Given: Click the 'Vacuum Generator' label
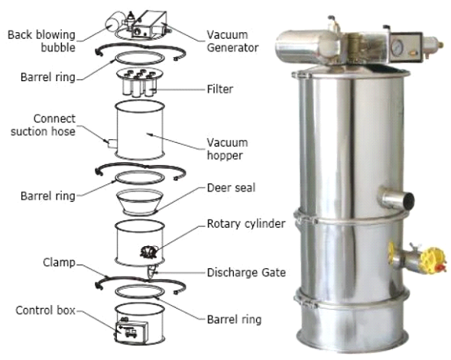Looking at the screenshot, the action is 232,41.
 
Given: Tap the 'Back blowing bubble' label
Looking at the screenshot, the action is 41,41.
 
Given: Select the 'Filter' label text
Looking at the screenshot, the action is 220,89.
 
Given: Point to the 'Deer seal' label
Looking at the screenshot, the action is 232,188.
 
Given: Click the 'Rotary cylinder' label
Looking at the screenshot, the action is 246,224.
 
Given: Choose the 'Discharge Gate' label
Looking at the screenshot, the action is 246,272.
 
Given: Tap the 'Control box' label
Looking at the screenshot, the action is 45,310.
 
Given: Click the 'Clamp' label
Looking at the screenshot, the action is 60,262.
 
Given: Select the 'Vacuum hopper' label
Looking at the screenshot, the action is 227,149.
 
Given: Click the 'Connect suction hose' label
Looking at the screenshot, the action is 43,125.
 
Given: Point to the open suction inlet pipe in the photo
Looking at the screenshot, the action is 397,199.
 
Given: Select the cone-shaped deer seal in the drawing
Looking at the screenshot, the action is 139,202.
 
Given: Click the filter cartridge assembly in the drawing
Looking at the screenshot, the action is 140,82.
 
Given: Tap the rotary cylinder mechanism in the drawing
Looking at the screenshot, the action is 149,252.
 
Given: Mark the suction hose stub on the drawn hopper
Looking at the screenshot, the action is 112,144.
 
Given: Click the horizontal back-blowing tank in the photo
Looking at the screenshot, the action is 307,47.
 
